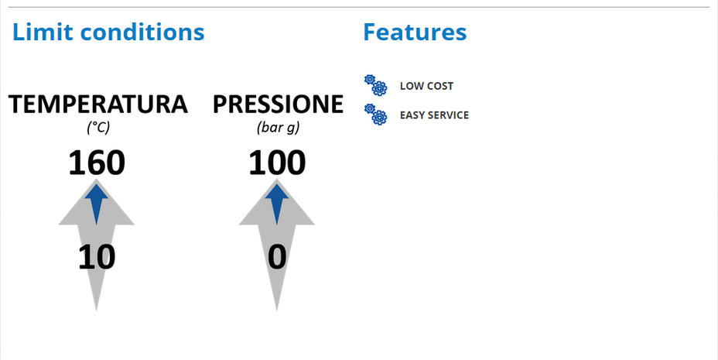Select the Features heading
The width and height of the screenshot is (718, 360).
point(415,32)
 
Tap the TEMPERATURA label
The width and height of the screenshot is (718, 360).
point(98,104)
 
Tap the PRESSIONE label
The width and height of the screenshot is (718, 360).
point(278,104)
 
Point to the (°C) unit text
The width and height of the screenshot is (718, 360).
point(98,127)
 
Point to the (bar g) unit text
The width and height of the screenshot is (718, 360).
point(279,127)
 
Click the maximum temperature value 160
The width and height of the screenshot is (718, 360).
point(97,163)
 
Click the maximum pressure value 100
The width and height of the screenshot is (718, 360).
point(277,163)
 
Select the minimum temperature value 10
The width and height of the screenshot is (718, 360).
point(97,257)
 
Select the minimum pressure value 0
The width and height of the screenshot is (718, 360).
point(277,257)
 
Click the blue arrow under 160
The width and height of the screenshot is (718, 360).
point(97,204)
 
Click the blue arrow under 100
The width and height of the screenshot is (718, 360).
point(277,204)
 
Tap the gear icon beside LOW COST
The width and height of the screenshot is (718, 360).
point(375,85)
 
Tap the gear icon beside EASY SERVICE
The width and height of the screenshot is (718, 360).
point(375,114)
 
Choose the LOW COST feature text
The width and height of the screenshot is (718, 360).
point(426,86)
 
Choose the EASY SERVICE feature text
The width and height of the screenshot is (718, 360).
point(434,115)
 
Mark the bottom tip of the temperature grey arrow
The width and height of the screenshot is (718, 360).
point(96,310)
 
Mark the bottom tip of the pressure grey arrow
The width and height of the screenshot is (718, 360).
point(276,310)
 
